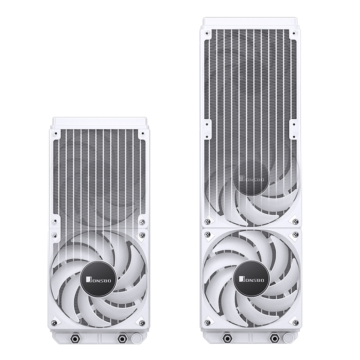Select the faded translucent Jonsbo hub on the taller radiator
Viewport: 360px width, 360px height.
[251, 178]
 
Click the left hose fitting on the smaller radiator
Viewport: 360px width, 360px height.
[74, 338]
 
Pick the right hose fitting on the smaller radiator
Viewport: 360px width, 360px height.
[121, 338]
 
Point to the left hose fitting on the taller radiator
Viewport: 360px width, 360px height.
[227, 338]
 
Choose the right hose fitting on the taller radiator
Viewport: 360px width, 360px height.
[274, 338]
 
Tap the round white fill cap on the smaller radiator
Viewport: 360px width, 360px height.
[137, 338]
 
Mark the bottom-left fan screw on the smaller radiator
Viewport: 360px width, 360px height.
[54, 322]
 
